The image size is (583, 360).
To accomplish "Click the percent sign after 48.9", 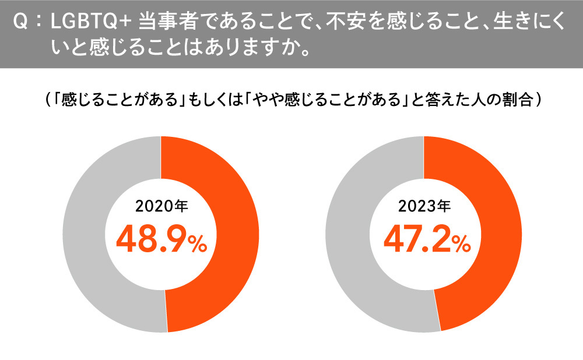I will pos(195,244).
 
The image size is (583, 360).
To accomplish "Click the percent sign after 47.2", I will pos(460,244).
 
